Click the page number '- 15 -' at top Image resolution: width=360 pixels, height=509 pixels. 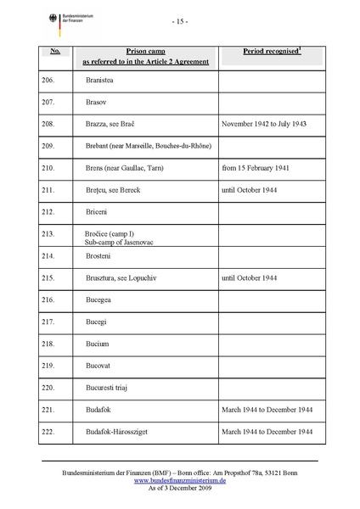179,20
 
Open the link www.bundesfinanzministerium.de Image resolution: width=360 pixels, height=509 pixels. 180,479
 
